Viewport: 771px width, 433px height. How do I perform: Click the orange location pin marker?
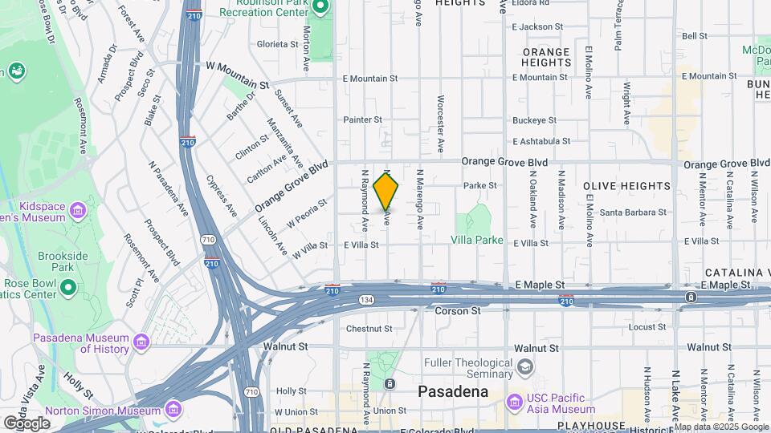(x=386, y=191)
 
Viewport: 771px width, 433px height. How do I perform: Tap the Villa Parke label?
(x=477, y=240)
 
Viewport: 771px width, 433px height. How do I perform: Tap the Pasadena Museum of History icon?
(x=141, y=342)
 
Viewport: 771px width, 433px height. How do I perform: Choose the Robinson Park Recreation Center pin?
(x=320, y=7)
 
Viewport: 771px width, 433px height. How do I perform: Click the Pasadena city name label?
(x=453, y=392)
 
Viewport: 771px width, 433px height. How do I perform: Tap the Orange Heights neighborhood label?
(x=546, y=57)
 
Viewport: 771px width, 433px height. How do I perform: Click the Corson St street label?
(x=458, y=310)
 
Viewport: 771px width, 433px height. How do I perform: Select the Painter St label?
(x=363, y=119)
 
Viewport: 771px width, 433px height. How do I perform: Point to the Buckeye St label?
(x=535, y=120)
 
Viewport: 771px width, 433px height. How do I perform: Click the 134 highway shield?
(x=365, y=299)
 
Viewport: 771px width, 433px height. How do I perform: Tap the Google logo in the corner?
(x=27, y=423)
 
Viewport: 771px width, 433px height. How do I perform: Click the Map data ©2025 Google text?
(x=721, y=427)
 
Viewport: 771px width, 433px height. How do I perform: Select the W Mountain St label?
(x=237, y=75)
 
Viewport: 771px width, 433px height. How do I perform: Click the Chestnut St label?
(x=369, y=329)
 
